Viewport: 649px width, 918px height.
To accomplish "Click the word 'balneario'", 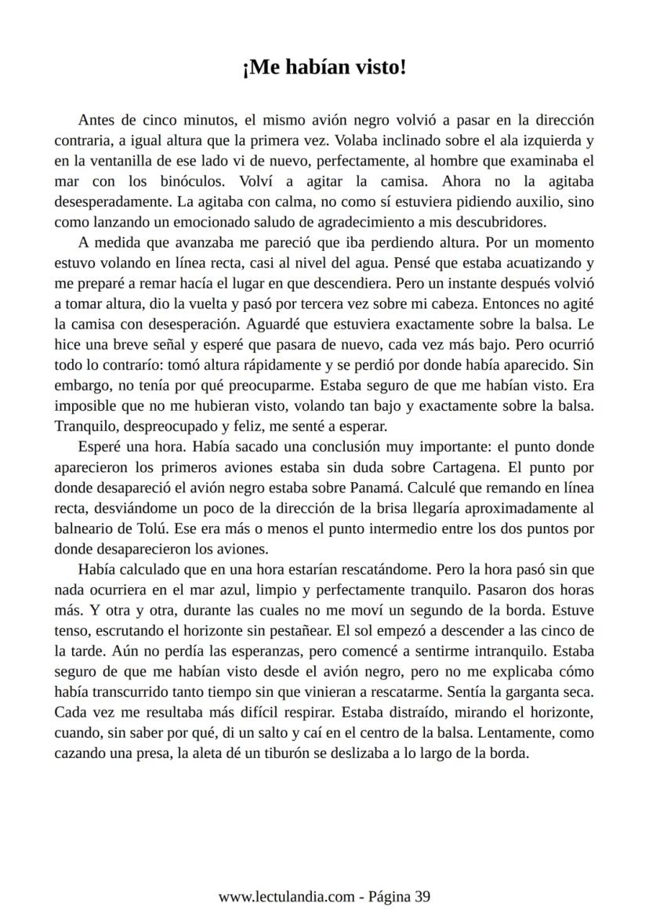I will [84, 528].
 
